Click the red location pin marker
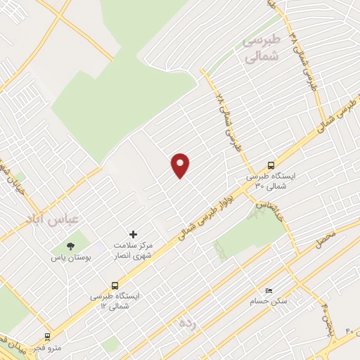click(x=181, y=165)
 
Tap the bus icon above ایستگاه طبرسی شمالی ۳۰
click(x=271, y=165)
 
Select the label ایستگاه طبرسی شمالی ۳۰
click(x=271, y=181)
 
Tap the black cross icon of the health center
click(x=134, y=233)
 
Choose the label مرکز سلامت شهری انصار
click(x=133, y=249)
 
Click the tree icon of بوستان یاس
click(x=70, y=246)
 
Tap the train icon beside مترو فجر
click(x=47, y=337)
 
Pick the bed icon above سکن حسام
click(x=268, y=290)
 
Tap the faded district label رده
click(x=186, y=323)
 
